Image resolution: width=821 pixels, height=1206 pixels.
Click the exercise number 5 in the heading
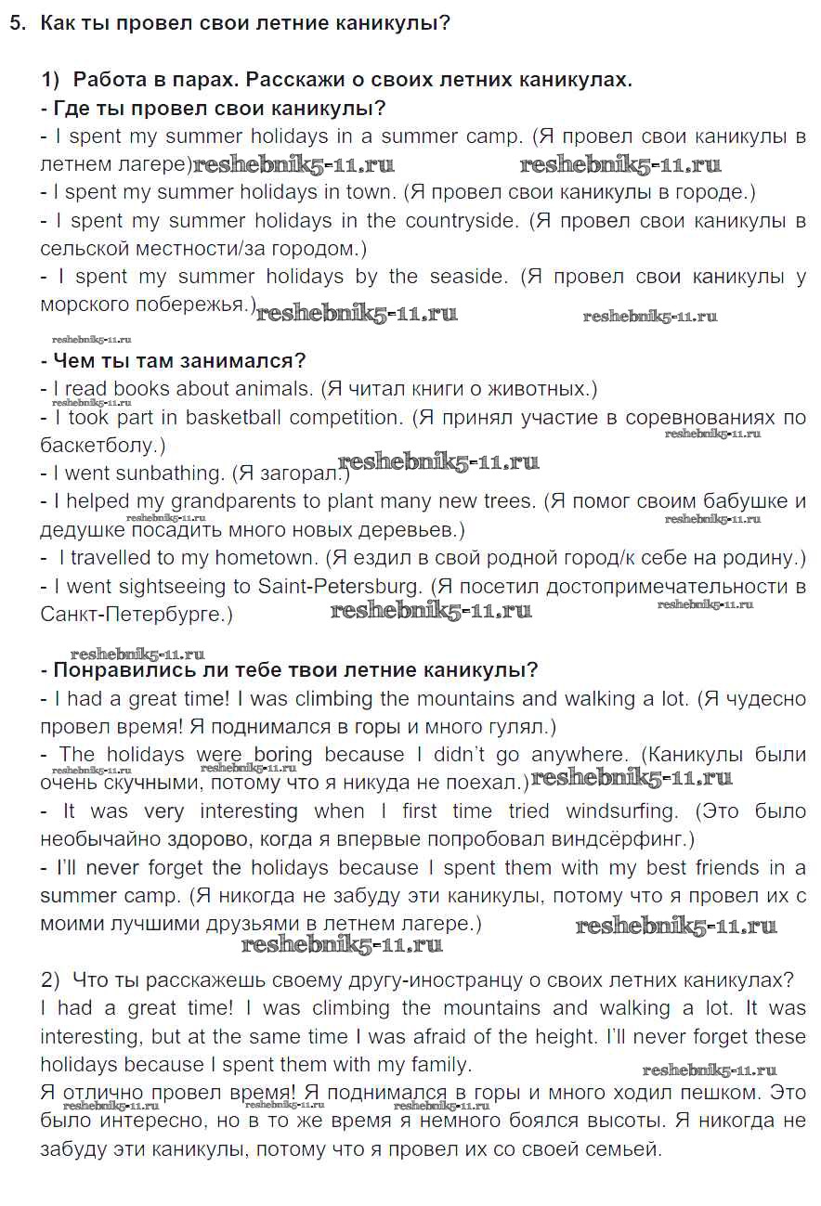coord(16,23)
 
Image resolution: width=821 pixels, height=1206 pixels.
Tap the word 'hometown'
coord(266,558)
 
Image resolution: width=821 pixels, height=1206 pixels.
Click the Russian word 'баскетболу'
coord(98,446)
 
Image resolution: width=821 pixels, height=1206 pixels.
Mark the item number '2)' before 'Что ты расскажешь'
coord(50,979)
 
